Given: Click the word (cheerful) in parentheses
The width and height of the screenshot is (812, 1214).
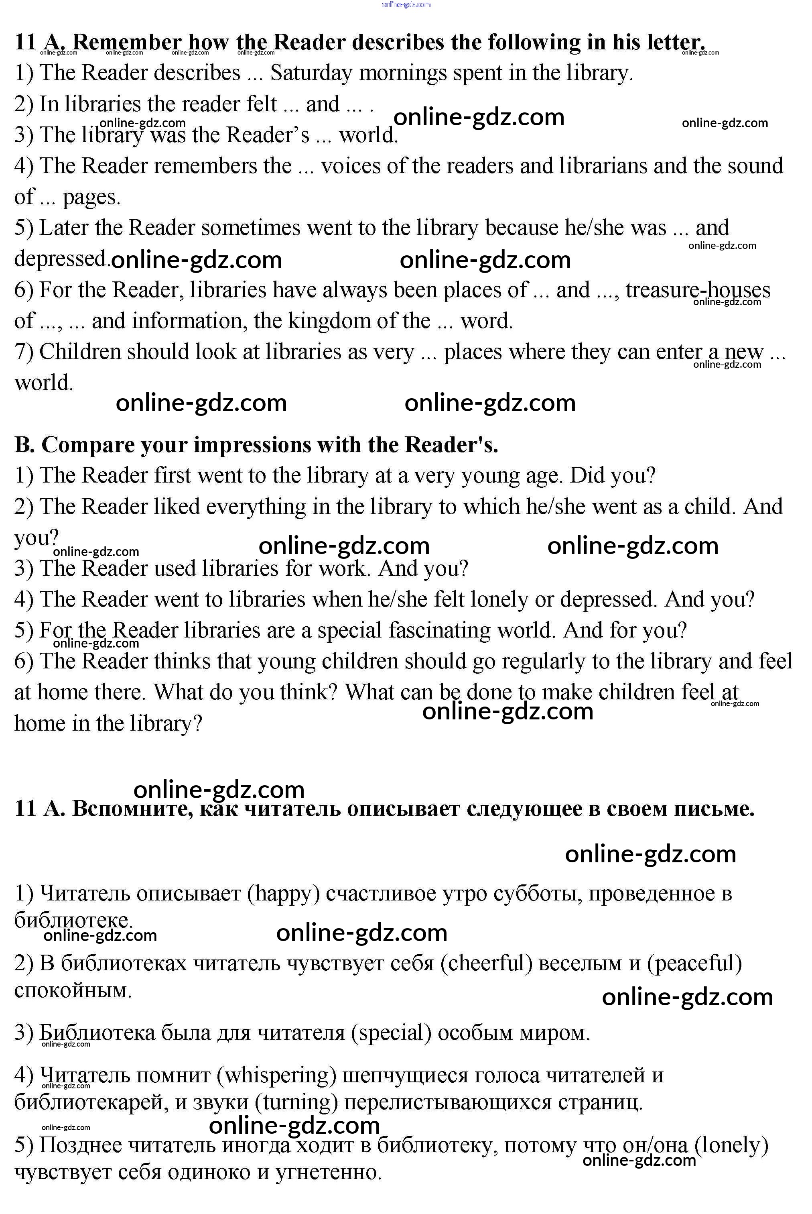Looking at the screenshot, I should (x=487, y=963).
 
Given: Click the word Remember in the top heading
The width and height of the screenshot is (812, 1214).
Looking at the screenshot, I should (x=127, y=42).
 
